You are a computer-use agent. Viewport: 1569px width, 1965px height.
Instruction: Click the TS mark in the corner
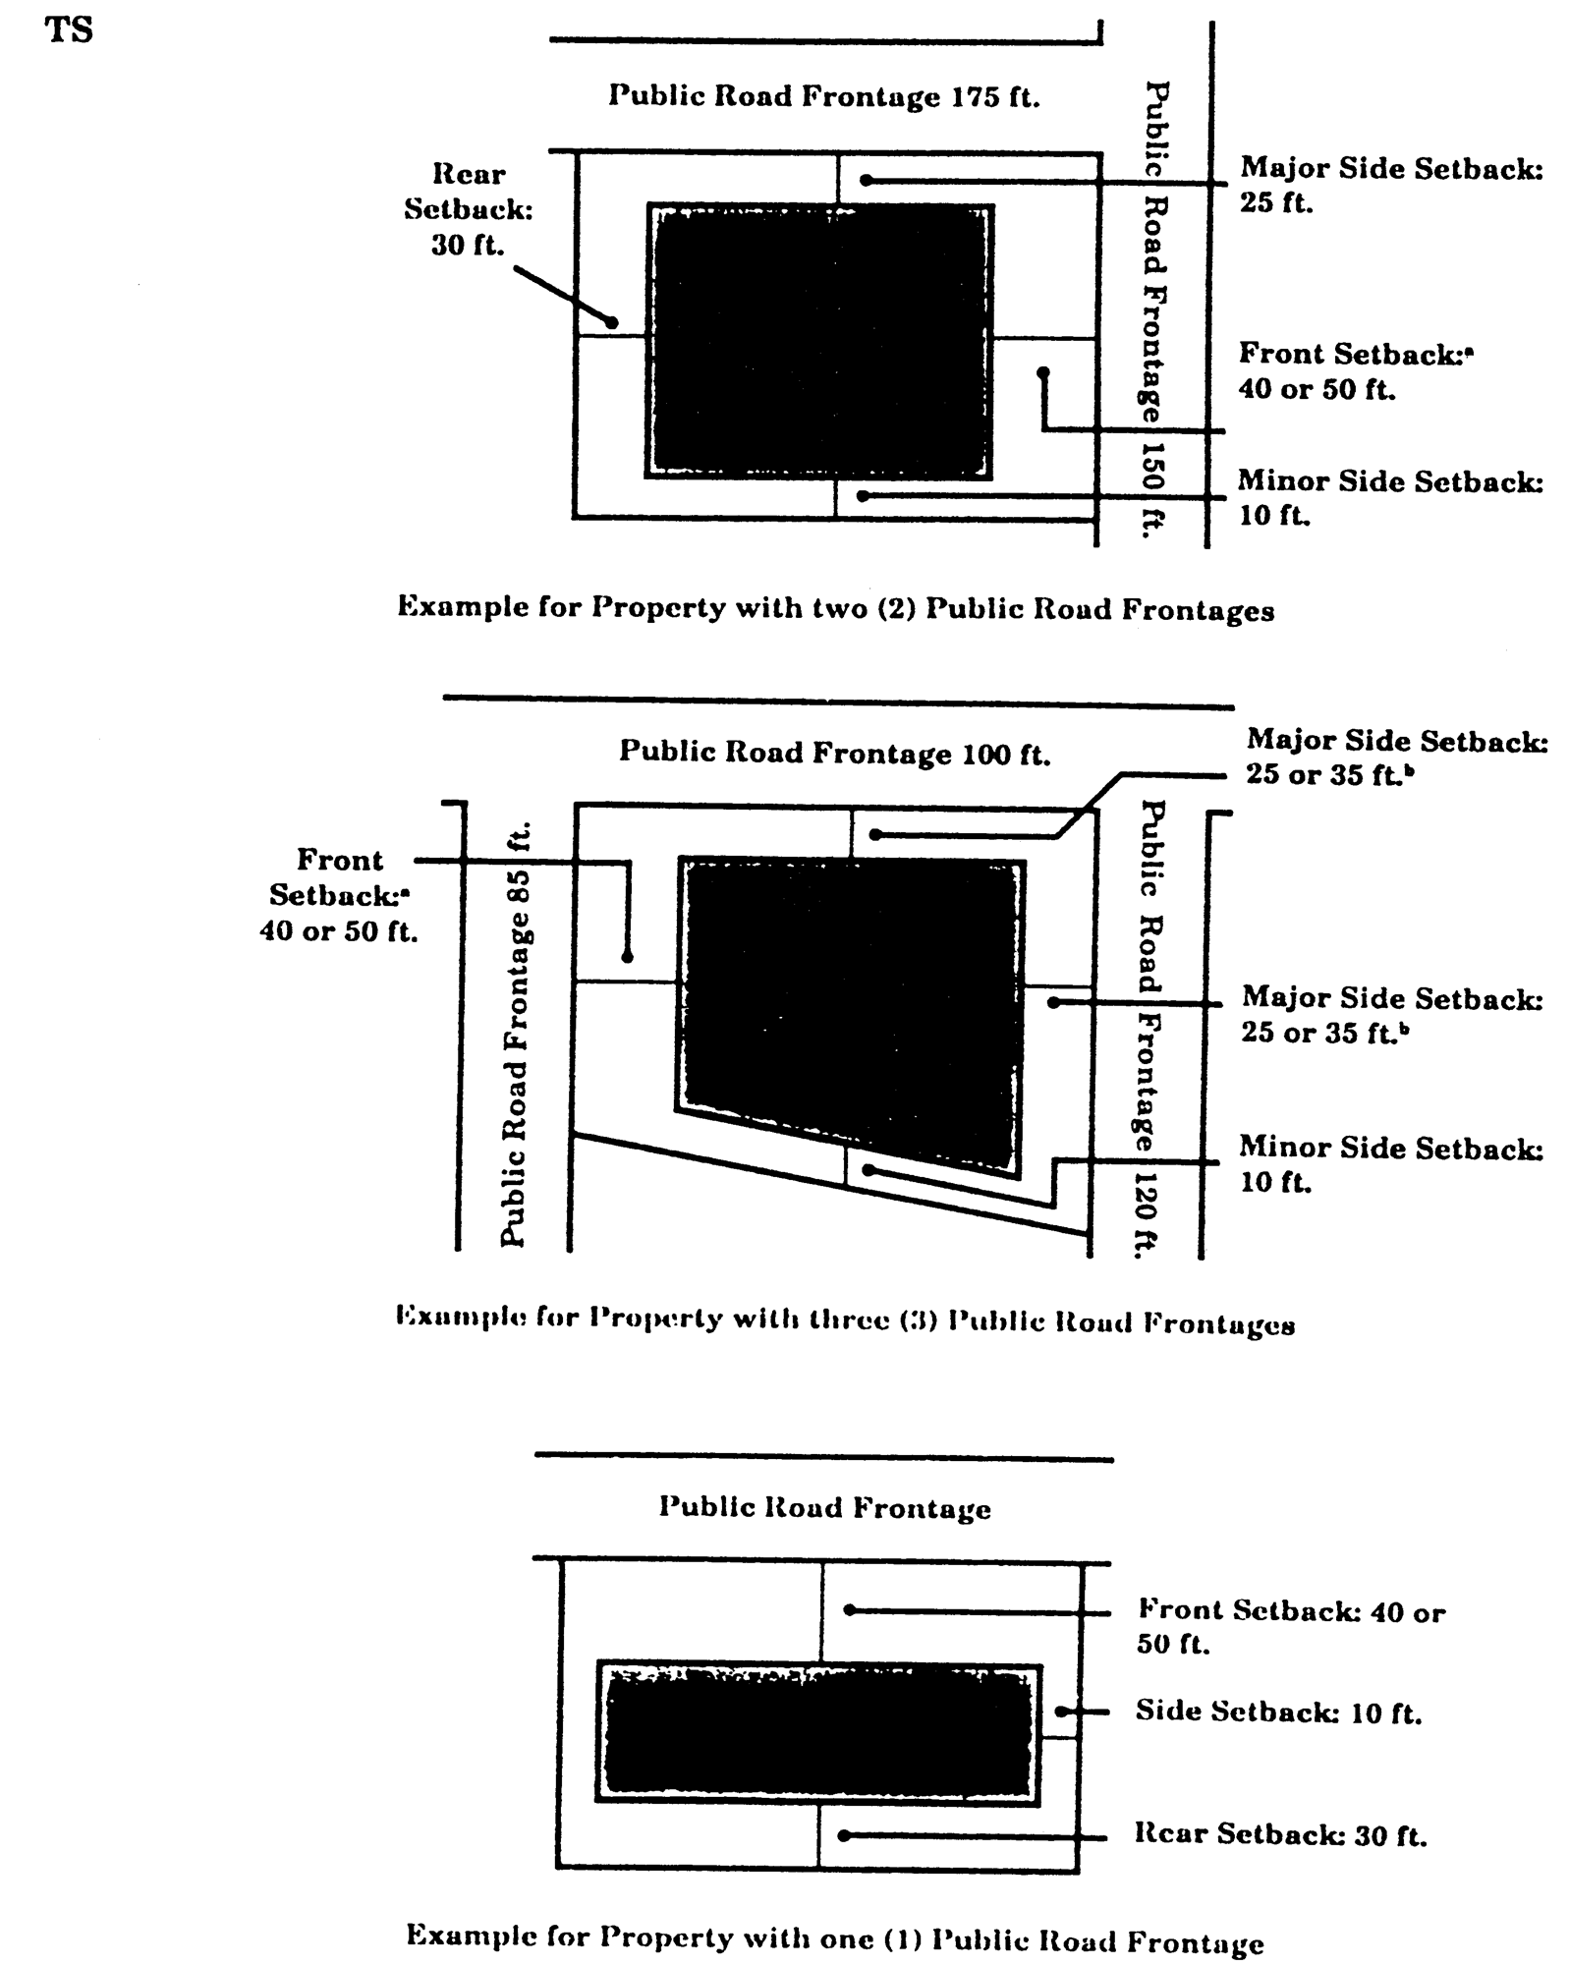coord(69,30)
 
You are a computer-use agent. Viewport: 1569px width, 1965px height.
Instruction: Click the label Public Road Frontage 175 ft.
coord(823,96)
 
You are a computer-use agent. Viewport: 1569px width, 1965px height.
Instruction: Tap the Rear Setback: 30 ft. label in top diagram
coord(469,209)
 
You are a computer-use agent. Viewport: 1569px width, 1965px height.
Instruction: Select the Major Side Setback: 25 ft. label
coord(1390,185)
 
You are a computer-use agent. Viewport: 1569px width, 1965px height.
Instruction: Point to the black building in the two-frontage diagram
coord(819,341)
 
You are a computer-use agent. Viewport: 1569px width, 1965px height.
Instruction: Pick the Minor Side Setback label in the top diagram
coord(1389,498)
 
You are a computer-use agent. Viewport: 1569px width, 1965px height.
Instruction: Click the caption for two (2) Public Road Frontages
coord(835,608)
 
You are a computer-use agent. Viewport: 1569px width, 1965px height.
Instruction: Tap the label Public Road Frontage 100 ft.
coord(834,753)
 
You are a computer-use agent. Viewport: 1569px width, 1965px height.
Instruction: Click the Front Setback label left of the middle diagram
coord(339,895)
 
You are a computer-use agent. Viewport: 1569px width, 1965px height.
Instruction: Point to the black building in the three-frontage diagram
coord(851,1012)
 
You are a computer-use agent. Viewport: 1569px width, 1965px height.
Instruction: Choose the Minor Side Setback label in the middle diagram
coord(1390,1163)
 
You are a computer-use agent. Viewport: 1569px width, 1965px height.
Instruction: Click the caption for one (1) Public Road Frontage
coord(834,1939)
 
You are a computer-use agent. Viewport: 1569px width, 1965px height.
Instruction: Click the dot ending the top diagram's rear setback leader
coord(611,322)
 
